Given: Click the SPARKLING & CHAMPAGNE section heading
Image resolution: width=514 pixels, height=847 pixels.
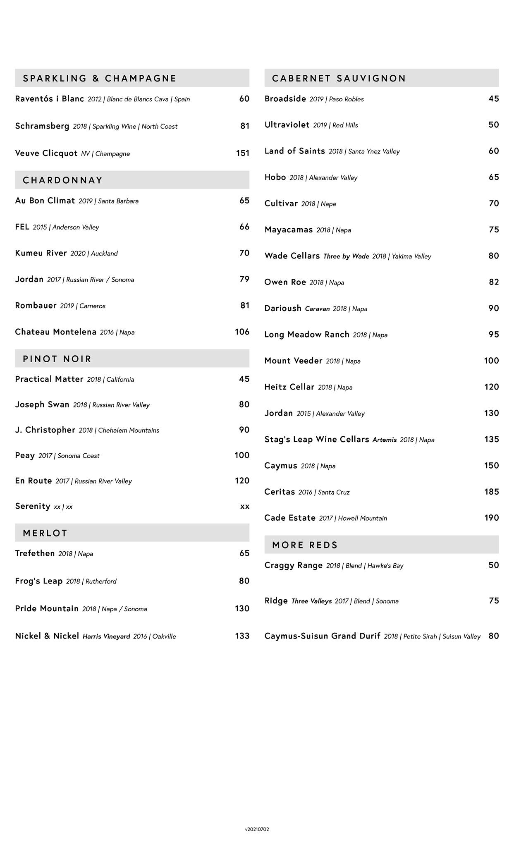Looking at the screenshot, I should (x=100, y=78).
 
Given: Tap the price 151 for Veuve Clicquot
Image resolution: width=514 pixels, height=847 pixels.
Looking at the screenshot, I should (x=243, y=153).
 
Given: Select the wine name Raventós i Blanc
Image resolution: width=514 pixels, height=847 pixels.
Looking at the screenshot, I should (x=50, y=99).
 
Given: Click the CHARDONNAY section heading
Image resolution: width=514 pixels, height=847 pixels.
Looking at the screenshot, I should (x=63, y=180).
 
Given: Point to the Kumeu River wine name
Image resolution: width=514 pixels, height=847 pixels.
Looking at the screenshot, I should (x=41, y=253).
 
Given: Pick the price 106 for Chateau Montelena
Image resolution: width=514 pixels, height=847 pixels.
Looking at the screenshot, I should (x=242, y=332).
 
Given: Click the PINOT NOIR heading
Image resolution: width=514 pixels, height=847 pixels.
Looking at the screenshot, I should (x=57, y=359).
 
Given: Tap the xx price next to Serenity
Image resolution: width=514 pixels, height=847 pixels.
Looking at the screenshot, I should (x=245, y=506).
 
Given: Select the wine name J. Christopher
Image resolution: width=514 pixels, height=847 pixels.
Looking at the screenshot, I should (x=45, y=430).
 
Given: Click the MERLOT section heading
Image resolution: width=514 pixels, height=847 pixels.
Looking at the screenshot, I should (x=45, y=533).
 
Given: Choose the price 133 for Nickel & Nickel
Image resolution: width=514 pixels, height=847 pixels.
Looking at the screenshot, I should (x=242, y=636).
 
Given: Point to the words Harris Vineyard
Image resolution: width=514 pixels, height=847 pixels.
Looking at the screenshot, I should (x=106, y=636).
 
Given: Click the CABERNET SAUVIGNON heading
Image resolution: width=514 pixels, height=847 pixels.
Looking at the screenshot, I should (x=339, y=78).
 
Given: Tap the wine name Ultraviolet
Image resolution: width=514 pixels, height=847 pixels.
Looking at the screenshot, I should (x=287, y=125).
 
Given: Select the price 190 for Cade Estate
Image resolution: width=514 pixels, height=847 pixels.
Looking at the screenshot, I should (x=492, y=518).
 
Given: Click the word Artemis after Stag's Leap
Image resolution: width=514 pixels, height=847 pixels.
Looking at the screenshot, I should (x=385, y=440).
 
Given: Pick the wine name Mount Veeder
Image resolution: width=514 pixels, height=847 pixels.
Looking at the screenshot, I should (x=293, y=361).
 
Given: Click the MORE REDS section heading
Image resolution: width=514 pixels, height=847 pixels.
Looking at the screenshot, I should (x=305, y=545).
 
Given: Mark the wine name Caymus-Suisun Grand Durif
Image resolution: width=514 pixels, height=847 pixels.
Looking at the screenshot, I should (x=322, y=636).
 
